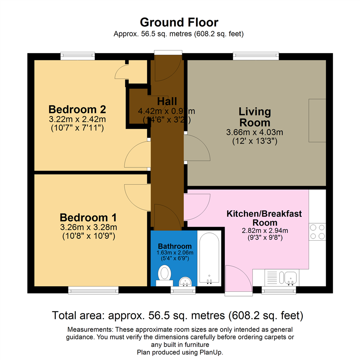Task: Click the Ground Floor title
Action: pos(179,22)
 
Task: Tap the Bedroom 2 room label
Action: pos(77,109)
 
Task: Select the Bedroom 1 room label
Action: pos(88,218)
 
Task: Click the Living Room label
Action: pos(254,116)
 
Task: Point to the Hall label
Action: pos(167,101)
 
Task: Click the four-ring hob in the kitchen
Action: pos(317,232)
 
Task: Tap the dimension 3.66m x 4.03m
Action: pos(254,132)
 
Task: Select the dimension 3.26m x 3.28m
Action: pos(88,228)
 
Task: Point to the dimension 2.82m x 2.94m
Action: pos(264,230)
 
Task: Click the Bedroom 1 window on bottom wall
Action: pos(93,291)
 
